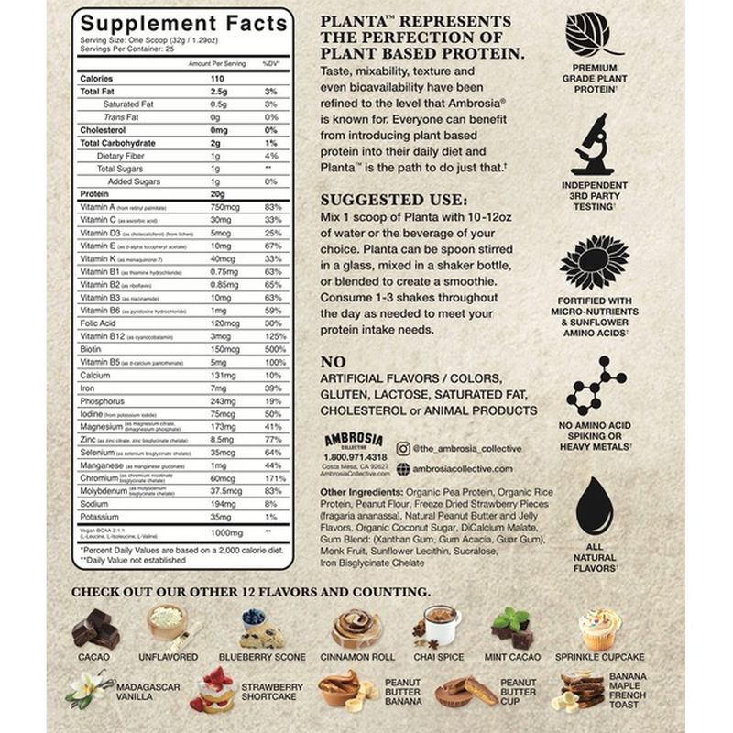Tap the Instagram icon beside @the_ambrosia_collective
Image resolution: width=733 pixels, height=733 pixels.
click(x=404, y=447)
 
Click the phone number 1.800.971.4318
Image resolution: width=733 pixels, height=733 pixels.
click(x=356, y=456)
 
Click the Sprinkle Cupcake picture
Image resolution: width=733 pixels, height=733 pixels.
click(x=599, y=629)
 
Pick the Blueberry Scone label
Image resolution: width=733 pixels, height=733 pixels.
click(x=263, y=657)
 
